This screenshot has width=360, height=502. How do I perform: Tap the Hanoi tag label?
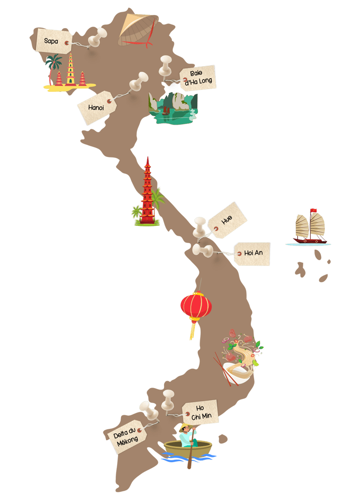coord(97,107)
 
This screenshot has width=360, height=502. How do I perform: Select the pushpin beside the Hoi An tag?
coord(202,250)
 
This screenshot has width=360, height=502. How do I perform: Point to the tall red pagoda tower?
coord(148,192)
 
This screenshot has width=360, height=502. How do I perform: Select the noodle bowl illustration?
coord(239,366)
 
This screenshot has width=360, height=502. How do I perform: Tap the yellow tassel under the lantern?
coord(192,330)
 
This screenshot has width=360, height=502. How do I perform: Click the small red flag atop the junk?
coord(314,210)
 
